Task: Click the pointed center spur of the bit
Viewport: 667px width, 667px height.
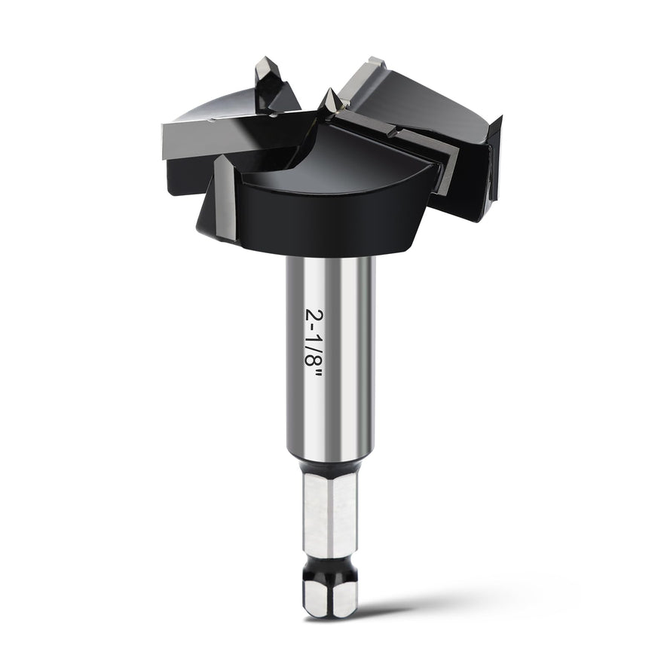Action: tap(329, 101)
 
